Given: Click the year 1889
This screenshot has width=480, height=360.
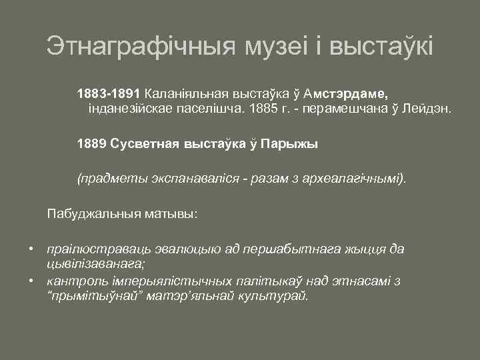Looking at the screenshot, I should pyautogui.click(x=91, y=143).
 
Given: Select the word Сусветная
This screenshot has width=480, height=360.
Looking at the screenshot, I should pyautogui.click(x=141, y=143).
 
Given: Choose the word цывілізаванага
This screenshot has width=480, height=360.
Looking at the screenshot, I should pyautogui.click(x=95, y=263).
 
